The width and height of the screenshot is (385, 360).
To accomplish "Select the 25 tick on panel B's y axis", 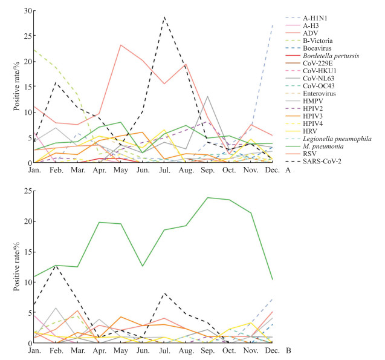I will (x=27, y=191).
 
